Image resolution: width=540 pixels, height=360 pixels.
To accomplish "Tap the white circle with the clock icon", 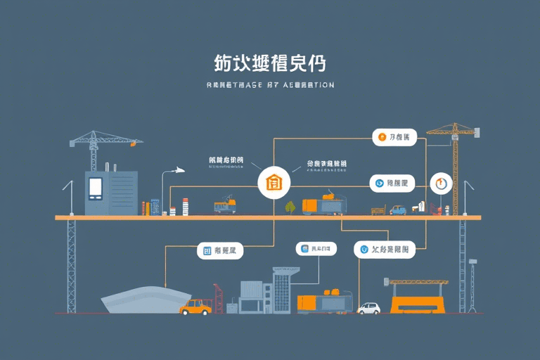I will [441, 184].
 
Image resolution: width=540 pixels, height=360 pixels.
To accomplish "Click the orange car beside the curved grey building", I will [195, 307].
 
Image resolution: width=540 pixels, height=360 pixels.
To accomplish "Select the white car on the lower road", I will [368, 308].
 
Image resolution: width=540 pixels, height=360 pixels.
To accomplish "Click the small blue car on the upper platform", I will [398, 210].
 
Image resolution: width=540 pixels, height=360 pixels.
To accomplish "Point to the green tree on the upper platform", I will [290, 207].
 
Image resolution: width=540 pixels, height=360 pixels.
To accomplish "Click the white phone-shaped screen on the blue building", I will [96, 186].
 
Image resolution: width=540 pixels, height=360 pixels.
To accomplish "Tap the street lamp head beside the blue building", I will [179, 169].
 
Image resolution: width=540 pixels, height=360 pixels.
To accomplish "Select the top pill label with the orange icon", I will [394, 137].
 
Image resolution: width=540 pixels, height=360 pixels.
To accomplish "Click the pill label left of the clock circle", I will [392, 184].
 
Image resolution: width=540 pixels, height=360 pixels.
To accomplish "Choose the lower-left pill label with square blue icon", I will [219, 250].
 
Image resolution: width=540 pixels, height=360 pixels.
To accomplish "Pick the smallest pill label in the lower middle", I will [313, 248].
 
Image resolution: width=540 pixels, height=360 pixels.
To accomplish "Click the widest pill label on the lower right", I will [384, 248].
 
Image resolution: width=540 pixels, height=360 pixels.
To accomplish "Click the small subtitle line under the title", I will [270, 84].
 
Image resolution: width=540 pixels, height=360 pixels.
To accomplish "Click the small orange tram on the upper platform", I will [224, 205].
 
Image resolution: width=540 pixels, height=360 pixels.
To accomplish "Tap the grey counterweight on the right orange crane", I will [476, 131].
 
